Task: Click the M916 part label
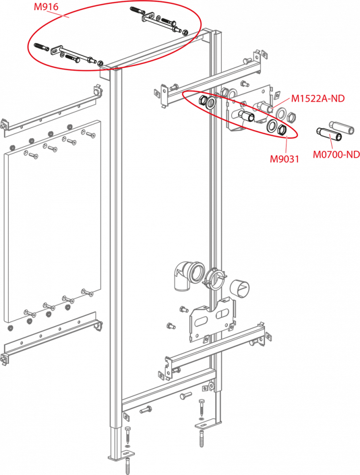click(46, 7)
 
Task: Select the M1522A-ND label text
click(318, 98)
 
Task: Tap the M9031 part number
click(284, 159)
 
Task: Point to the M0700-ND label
click(336, 154)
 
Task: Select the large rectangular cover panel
click(52, 221)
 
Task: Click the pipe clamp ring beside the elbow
click(216, 279)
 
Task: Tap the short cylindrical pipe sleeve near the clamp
click(240, 289)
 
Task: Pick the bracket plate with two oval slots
click(212, 319)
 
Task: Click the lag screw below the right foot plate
click(202, 438)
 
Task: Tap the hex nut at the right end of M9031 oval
click(281, 129)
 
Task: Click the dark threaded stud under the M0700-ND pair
click(329, 136)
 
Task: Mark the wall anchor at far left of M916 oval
click(41, 47)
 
